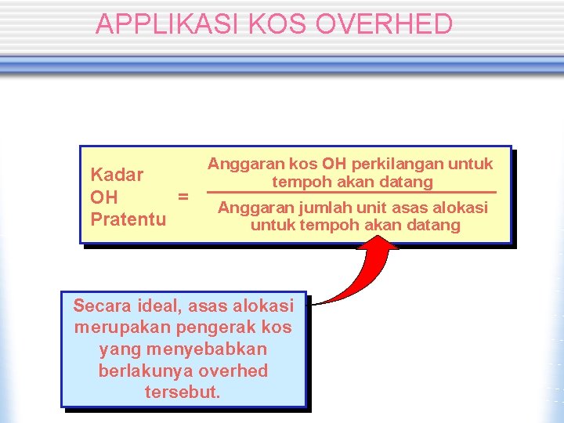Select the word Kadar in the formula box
tap(117, 175)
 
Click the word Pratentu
tap(128, 219)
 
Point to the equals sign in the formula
tap(183, 197)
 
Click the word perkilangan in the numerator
tap(398, 164)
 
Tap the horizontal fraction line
tap(352, 193)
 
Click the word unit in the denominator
tap(374, 208)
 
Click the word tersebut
tap(183, 392)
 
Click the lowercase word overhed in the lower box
tap(233, 371)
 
